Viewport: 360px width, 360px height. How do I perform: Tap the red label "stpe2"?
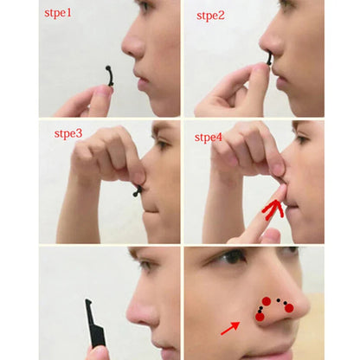coord(210,16)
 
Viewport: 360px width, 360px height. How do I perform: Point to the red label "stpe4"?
coord(209,137)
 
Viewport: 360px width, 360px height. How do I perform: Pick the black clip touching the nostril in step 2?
coord(268,60)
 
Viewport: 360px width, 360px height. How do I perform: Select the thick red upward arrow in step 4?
coord(274,209)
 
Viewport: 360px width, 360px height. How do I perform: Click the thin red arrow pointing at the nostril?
coord(230,326)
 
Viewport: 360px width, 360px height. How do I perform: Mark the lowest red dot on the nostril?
coord(260,317)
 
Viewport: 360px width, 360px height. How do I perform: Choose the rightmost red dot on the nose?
coord(289,308)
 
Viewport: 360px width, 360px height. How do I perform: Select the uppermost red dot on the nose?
coord(267,301)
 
